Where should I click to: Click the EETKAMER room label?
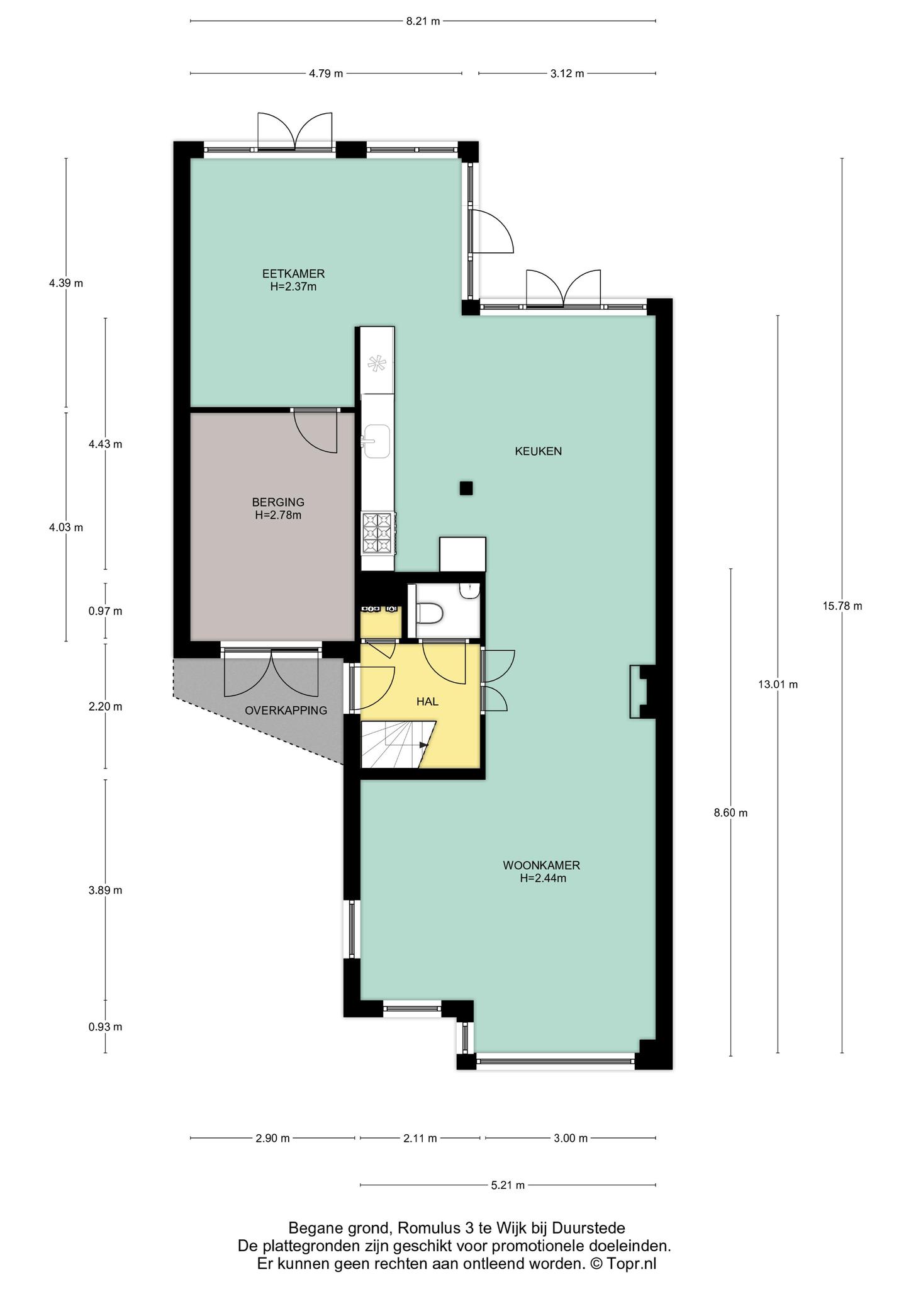click(293, 274)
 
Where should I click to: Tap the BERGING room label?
click(278, 502)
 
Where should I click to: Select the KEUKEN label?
click(539, 451)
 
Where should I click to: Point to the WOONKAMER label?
click(542, 865)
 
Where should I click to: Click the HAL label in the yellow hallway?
click(427, 702)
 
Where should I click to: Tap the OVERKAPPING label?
click(286, 711)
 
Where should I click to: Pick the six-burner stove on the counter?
click(378, 533)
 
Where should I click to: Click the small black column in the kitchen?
click(466, 488)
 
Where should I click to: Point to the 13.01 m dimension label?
click(778, 684)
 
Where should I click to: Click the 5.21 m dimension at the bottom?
click(508, 1186)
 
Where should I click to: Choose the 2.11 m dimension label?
click(420, 1138)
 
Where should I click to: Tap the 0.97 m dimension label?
click(105, 611)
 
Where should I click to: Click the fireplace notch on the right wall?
click(640, 692)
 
